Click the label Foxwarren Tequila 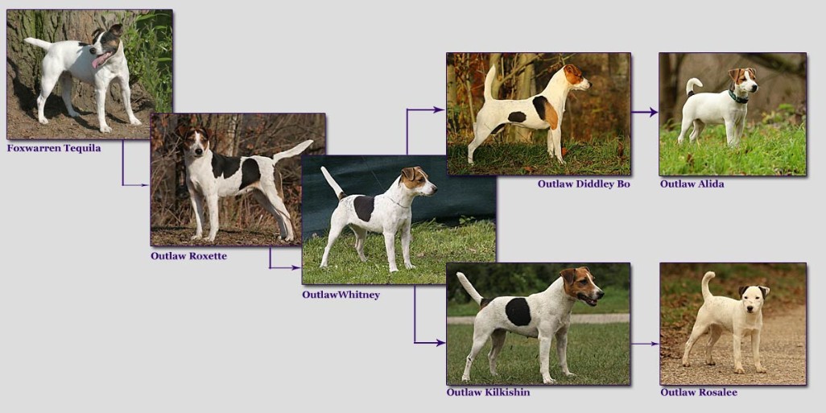(x=54, y=148)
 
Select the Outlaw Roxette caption (x=188, y=256)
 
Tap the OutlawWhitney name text (x=341, y=295)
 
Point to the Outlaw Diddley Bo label (x=584, y=184)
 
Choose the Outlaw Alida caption (x=692, y=184)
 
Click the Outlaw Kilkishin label (x=489, y=392)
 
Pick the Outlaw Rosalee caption (x=699, y=392)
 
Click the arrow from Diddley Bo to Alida (x=645, y=112)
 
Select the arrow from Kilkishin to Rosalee (x=645, y=344)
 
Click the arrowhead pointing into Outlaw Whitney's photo (x=296, y=267)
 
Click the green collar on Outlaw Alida (x=737, y=97)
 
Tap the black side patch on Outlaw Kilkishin (x=518, y=312)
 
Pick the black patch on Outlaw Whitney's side (x=363, y=208)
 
